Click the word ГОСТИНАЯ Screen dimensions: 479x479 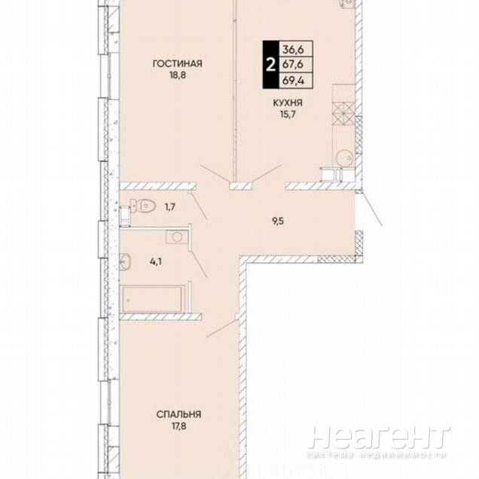pos(178,63)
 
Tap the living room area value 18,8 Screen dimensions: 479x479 pos(178,75)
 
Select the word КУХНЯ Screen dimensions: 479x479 pos(288,103)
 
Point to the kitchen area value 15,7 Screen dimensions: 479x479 pos(288,114)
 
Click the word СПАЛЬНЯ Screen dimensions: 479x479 pos(178,414)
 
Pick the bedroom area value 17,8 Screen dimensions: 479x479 pos(179,426)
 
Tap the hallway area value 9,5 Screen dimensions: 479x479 pos(278,221)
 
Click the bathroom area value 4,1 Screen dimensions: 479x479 pos(156,261)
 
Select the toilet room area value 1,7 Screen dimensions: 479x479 pos(170,207)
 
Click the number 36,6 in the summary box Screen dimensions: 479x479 pos(293,49)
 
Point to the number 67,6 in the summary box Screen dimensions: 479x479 pos(293,65)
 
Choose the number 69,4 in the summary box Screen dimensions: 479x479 pos(293,81)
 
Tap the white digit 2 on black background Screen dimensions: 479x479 pos(270,65)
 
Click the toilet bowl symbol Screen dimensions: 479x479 pos(143,206)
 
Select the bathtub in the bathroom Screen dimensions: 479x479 pos(152,299)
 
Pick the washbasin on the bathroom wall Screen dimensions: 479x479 pos(125,262)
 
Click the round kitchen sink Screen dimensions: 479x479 pos(344,158)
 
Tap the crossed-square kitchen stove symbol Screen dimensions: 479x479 pos(343,112)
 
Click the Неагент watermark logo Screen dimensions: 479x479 pos(380,438)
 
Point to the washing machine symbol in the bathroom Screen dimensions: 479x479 pos(177,236)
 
